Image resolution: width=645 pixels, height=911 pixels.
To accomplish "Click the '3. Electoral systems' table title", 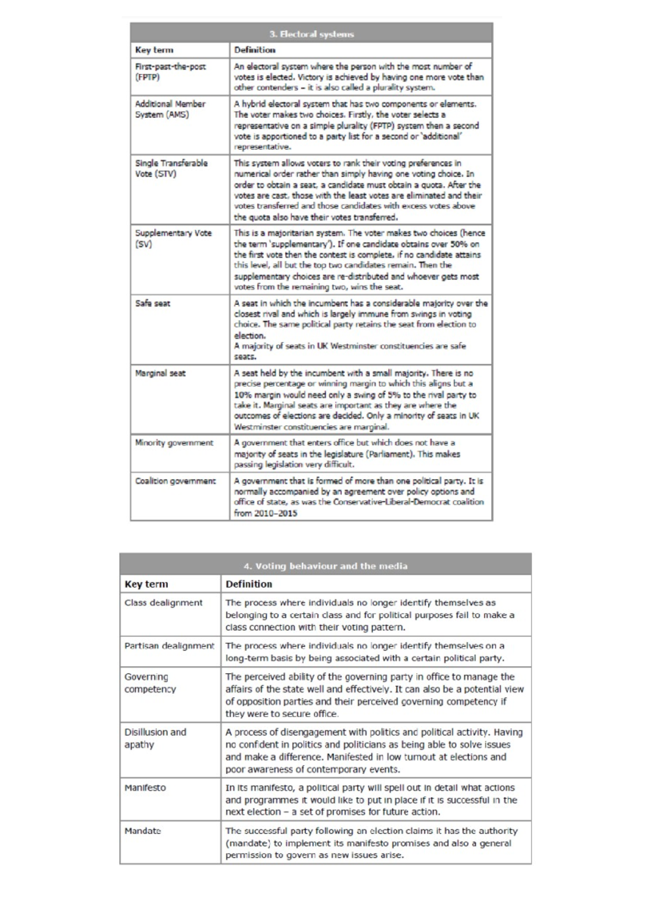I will coord(311,34).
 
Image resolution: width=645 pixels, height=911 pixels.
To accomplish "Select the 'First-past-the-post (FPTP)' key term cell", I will coord(170,71).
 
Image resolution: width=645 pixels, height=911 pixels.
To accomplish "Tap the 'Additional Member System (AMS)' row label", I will coord(170,109).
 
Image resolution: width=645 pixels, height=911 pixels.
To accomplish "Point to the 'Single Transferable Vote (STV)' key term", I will coord(171,168).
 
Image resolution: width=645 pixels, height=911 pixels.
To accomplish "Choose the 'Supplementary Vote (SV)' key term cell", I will coord(173,238).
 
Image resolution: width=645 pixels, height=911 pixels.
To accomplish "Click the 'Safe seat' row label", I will coord(153,303).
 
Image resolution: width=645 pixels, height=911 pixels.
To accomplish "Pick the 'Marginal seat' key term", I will coord(160,373).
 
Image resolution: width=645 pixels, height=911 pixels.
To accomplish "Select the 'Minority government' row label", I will coord(174,443).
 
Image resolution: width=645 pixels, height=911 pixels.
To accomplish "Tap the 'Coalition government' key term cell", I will coord(175,481).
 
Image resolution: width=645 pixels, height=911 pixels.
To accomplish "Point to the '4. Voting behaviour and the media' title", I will coord(325,566).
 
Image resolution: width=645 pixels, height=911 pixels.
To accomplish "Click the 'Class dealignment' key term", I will coord(163,603).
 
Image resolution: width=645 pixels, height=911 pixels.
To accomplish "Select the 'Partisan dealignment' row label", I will coord(169,646).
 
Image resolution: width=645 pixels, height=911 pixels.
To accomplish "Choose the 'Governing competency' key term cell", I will coord(150,683).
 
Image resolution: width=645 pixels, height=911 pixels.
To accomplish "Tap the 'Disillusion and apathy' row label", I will coord(155,738).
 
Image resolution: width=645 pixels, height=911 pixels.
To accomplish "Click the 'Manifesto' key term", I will coord(145,787).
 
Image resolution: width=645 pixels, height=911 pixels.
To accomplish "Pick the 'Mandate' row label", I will coord(142,831).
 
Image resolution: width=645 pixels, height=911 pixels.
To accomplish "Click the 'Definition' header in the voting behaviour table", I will coord(248,584).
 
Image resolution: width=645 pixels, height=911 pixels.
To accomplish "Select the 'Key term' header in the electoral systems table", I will coord(154,50).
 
